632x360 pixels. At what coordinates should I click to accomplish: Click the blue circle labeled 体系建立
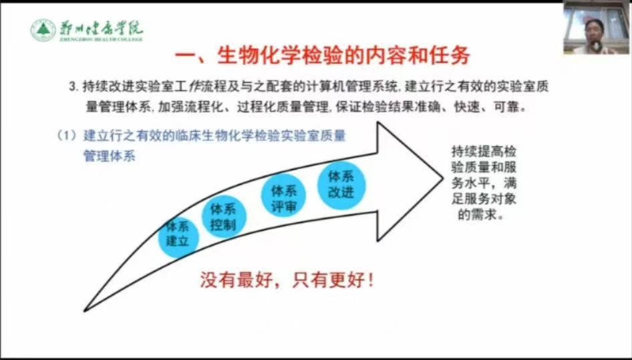tap(178, 236)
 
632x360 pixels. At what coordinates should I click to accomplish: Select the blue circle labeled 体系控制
tap(223, 217)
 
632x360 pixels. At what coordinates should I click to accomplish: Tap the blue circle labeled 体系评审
tap(283, 196)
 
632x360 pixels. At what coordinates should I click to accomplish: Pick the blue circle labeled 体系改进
tap(341, 186)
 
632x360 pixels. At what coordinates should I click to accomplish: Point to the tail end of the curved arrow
tap(85, 311)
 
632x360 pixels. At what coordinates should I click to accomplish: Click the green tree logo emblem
tap(43, 30)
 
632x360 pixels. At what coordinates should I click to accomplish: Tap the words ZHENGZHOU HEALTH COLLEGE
tap(101, 39)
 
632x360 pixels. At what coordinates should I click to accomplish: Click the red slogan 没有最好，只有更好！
tap(287, 280)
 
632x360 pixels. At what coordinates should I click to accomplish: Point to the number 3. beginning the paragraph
tap(73, 87)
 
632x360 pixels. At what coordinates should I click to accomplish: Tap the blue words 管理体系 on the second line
tap(109, 156)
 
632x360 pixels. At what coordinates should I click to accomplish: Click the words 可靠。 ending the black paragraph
tap(510, 107)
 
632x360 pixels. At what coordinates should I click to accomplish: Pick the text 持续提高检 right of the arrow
tap(484, 152)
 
